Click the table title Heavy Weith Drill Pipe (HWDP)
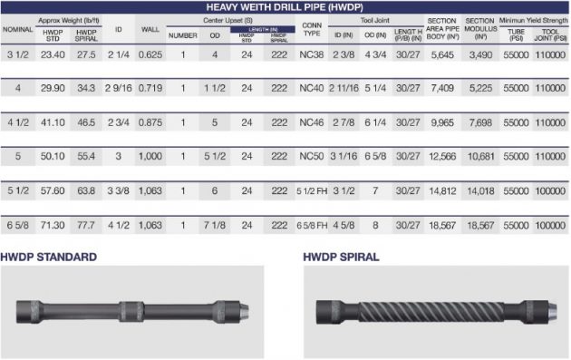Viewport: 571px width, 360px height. pyautogui.click(x=285, y=6)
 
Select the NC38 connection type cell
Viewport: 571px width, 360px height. pyautogui.click(x=311, y=54)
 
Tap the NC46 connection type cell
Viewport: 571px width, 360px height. pyautogui.click(x=311, y=122)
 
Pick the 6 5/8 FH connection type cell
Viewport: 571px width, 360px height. pyautogui.click(x=311, y=224)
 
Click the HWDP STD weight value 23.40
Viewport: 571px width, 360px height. pyautogui.click(x=53, y=54)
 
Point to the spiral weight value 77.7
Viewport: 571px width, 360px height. pyautogui.click(x=87, y=224)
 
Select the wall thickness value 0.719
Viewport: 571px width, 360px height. pyautogui.click(x=150, y=88)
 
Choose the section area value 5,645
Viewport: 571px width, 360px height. pyautogui.click(x=442, y=54)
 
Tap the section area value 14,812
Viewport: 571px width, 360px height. pyautogui.click(x=442, y=190)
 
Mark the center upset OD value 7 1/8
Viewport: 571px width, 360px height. pyautogui.click(x=216, y=224)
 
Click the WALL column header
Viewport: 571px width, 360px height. pyautogui.click(x=150, y=29)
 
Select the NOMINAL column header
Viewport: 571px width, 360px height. pyautogui.click(x=17, y=29)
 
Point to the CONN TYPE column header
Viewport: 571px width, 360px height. pyautogui.click(x=311, y=29)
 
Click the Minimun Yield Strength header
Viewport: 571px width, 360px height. pyautogui.click(x=532, y=19)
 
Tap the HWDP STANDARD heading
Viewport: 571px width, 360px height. pyautogui.click(x=49, y=258)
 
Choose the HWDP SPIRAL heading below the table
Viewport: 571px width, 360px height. pyautogui.click(x=341, y=258)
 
